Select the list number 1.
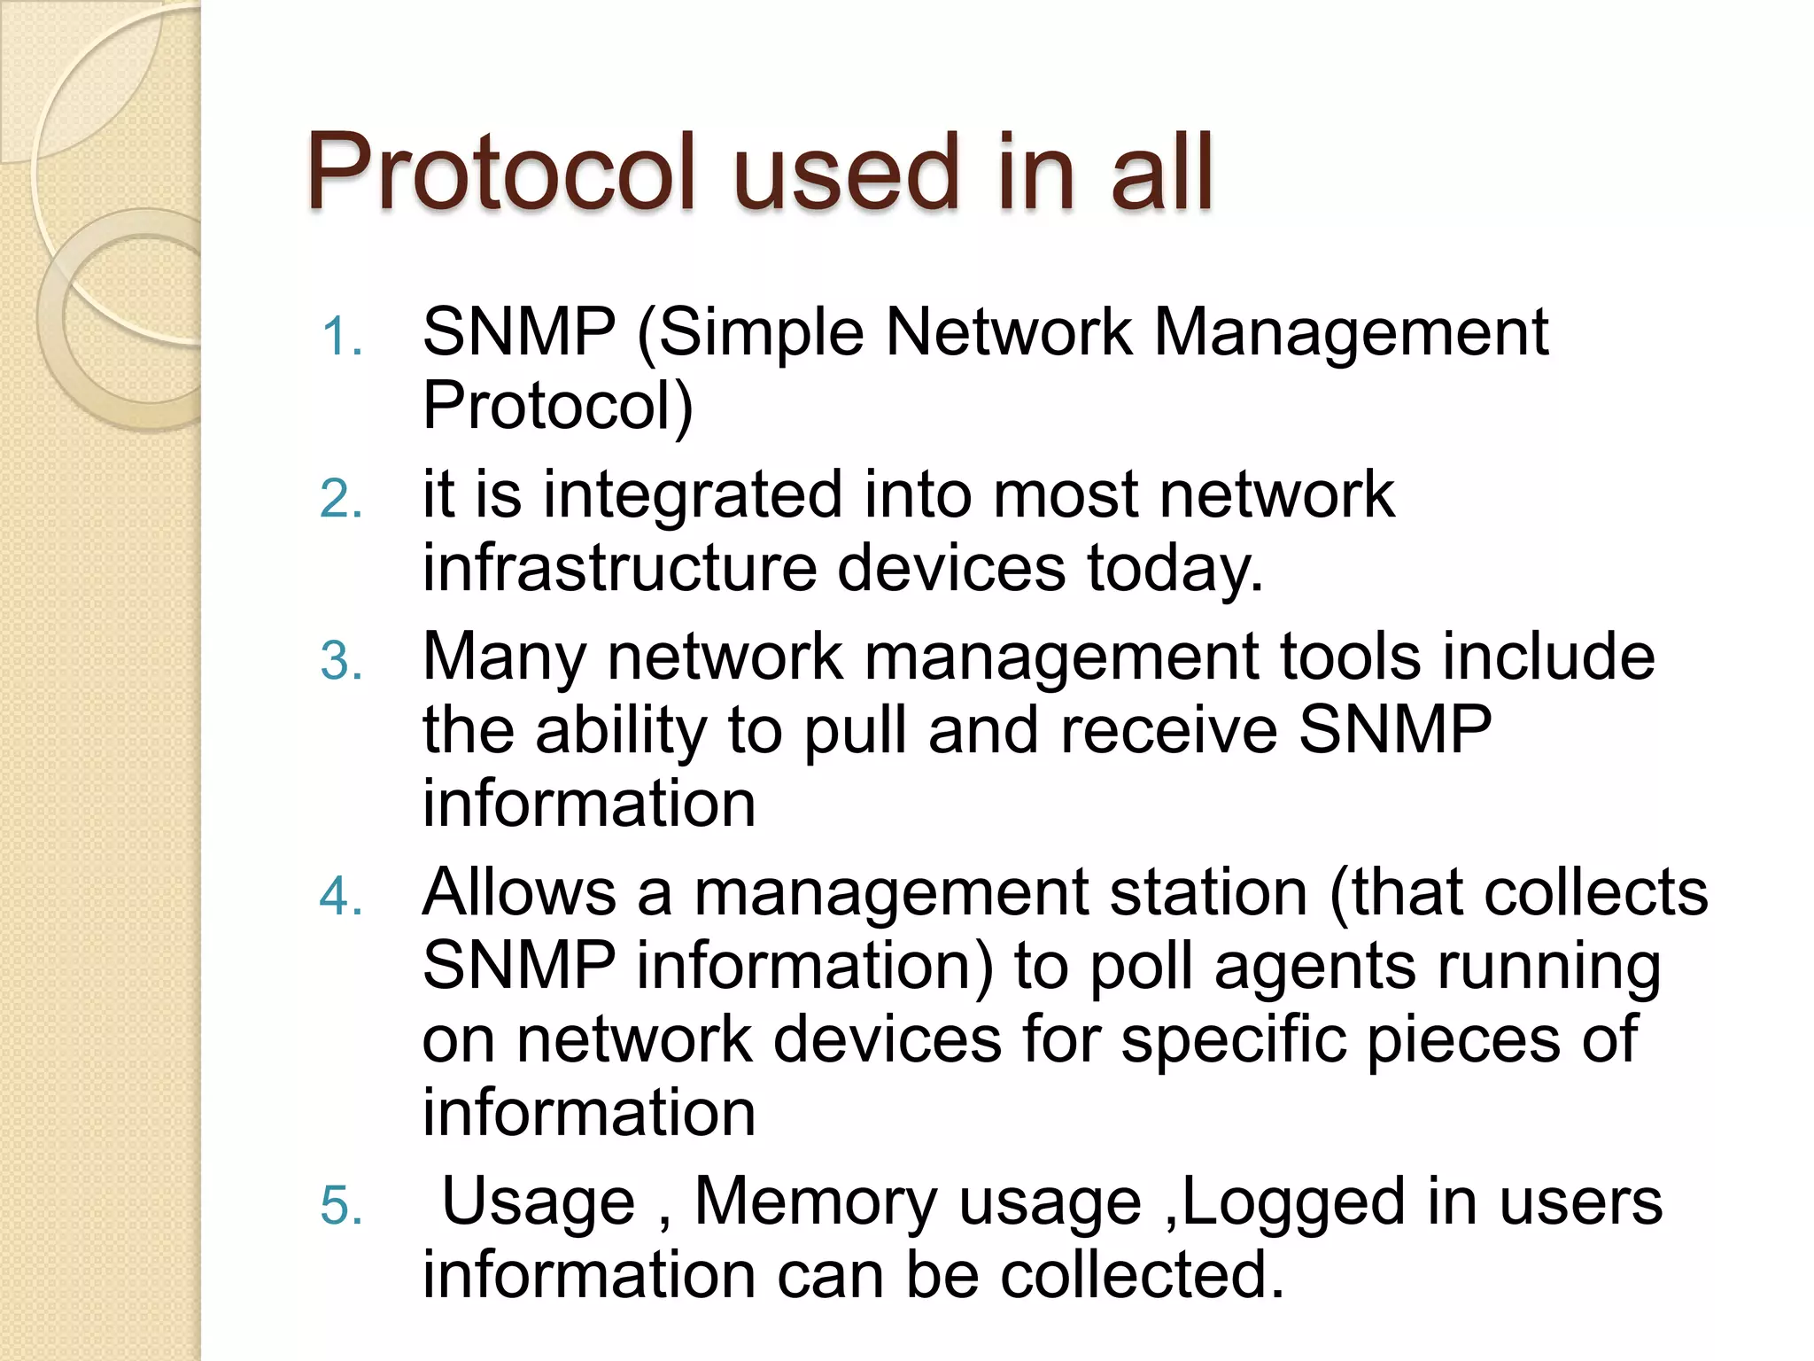click(342, 338)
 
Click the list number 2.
click(342, 500)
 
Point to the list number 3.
click(342, 662)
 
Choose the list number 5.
click(342, 1207)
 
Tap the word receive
click(1168, 731)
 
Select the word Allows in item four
click(519, 892)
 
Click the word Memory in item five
click(815, 1203)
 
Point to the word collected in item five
click(1142, 1276)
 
